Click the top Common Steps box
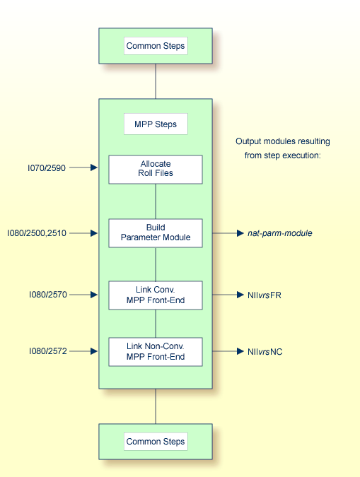155,47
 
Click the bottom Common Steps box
155,442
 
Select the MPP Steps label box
155,125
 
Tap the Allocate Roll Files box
155,169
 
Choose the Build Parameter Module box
155,232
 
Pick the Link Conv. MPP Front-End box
155,295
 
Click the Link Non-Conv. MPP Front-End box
155,351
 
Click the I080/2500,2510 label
37,232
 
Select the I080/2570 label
47,294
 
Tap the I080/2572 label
47,351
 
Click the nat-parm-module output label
280,232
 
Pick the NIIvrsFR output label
264,294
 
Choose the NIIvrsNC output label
265,351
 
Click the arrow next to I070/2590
84,168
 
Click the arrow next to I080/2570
84,294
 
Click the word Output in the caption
248,141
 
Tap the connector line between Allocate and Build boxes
155,201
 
